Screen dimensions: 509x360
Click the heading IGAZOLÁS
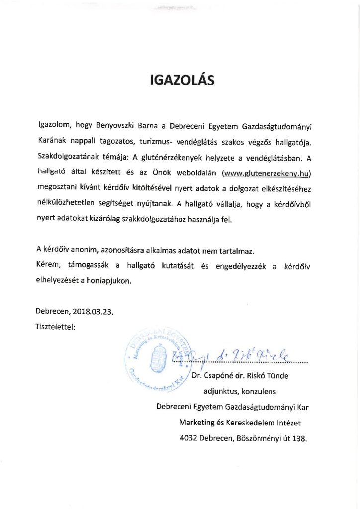[182, 80]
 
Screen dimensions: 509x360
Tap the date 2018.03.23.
[93, 313]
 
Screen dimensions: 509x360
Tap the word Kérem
[48, 266]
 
